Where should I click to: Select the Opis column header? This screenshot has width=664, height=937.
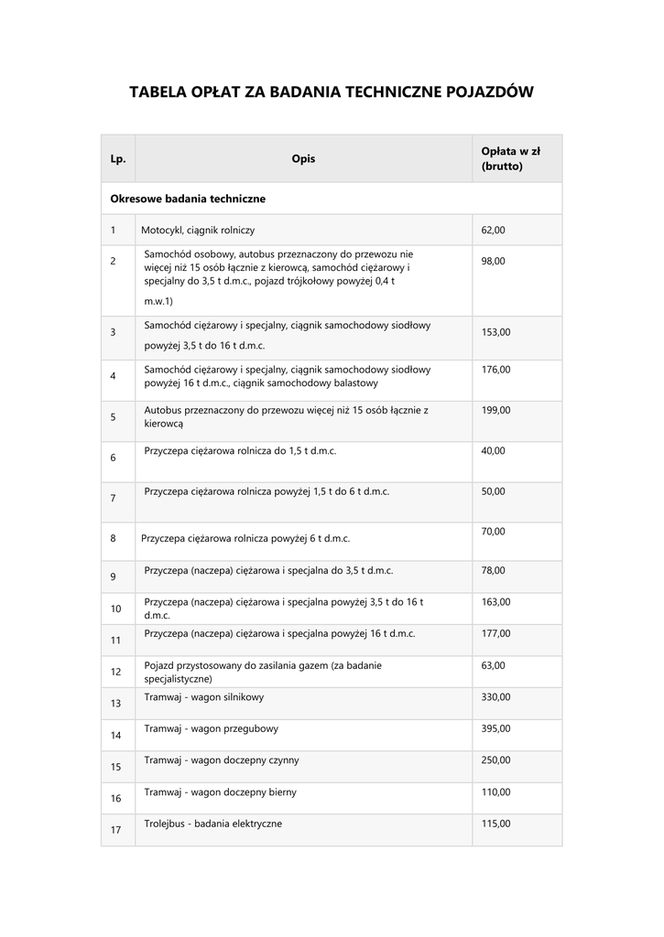(303, 159)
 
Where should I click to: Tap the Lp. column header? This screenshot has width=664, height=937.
(117, 159)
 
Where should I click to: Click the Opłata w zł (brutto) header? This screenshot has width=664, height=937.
(510, 159)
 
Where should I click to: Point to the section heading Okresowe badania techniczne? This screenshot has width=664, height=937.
(188, 198)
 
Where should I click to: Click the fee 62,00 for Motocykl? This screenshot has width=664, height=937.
(493, 230)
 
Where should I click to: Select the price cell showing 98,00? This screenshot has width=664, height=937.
(493, 261)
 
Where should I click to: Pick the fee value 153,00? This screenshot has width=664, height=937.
(495, 332)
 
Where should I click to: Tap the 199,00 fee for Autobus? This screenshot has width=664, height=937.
(495, 410)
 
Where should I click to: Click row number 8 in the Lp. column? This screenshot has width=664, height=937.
(113, 538)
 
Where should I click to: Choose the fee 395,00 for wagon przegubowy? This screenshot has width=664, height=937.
(495, 728)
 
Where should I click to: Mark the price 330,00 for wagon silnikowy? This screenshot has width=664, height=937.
(495, 696)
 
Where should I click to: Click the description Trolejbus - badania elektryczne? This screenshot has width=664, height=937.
(213, 824)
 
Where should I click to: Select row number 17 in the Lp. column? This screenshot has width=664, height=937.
(115, 830)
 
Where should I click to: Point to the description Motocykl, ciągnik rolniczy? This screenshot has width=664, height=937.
(198, 230)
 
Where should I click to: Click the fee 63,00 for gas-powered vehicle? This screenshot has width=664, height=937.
(493, 665)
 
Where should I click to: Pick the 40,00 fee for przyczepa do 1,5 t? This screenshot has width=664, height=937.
(493, 450)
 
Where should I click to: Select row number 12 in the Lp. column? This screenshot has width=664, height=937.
(115, 672)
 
